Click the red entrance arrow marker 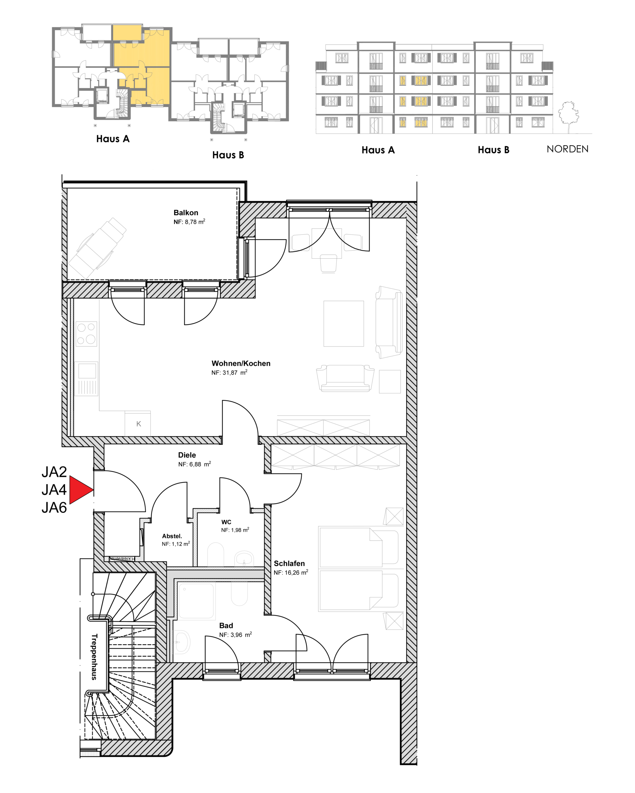point(81,489)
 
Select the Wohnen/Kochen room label point(241,363)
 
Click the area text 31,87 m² point(235,373)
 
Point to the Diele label point(187,455)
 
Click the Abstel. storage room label point(172,536)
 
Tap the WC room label point(226,522)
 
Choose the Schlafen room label point(289,563)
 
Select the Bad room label point(226,625)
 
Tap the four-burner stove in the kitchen point(87,334)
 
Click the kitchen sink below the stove point(87,379)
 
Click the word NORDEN point(567,149)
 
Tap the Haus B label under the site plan point(228,155)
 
